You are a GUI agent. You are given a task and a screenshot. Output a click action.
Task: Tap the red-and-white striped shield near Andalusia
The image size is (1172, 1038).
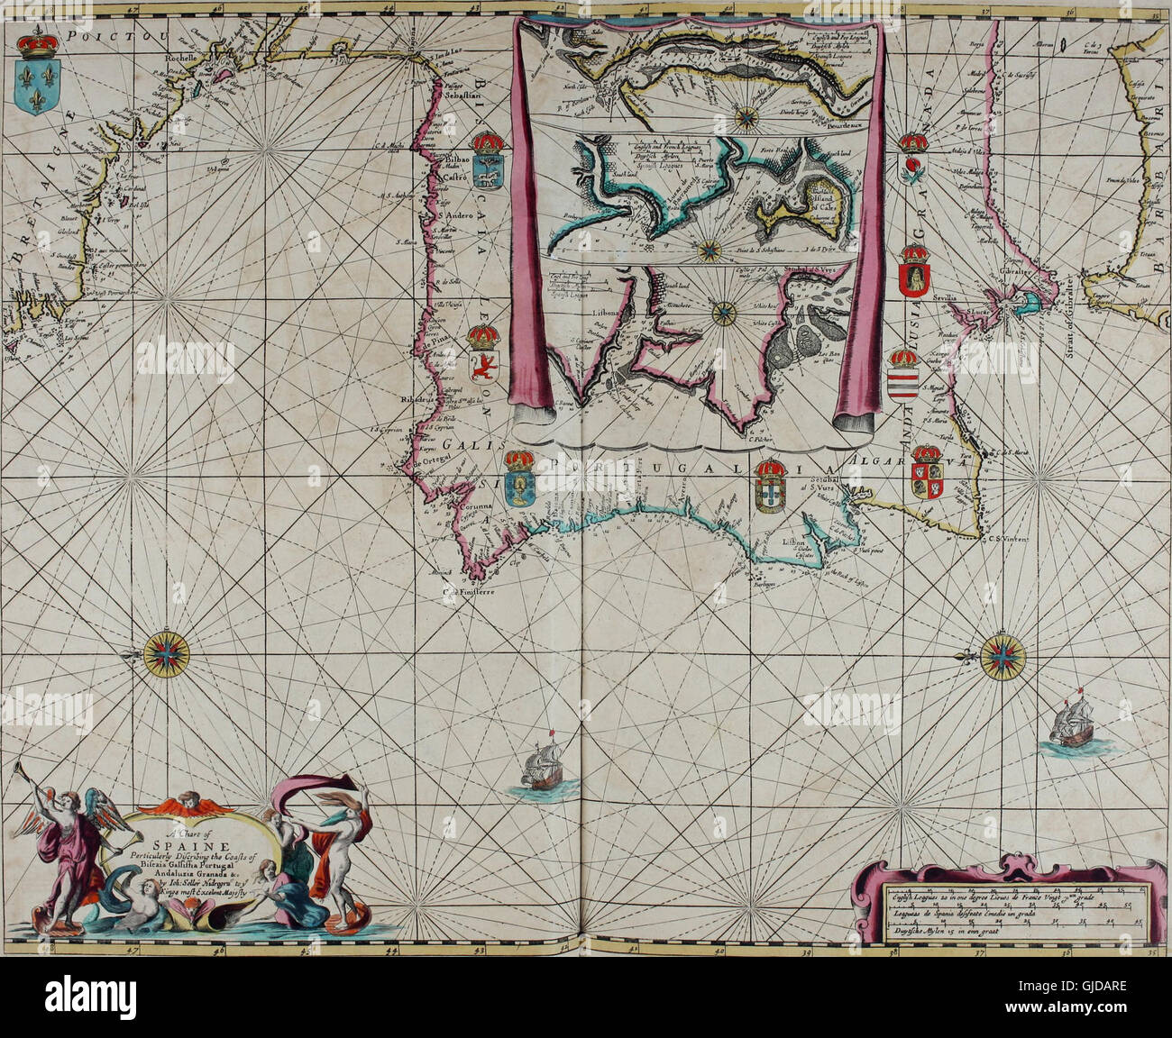(x=903, y=387)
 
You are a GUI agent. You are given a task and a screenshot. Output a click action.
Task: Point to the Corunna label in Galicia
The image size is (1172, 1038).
(x=468, y=506)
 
